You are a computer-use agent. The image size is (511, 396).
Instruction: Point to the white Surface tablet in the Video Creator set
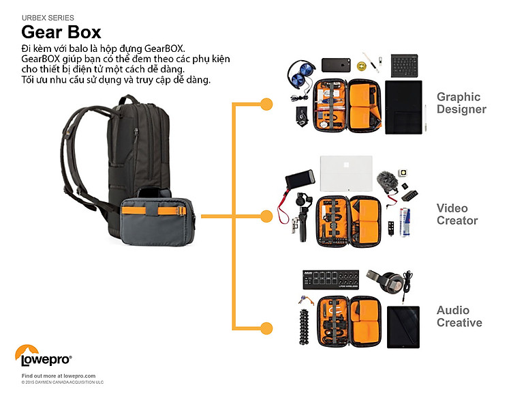coord(346,173)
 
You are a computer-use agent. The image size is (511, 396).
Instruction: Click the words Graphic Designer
coord(461,103)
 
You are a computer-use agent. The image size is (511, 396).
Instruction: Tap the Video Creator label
coord(457,214)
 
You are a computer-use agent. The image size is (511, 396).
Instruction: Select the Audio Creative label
coord(459,317)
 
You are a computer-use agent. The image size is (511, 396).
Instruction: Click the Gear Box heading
coord(61,31)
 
